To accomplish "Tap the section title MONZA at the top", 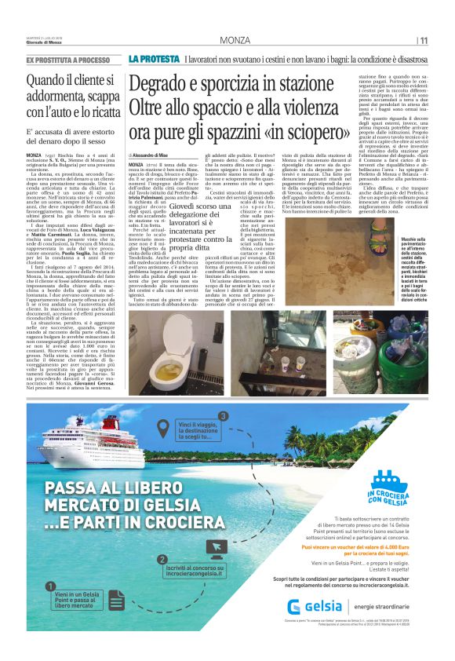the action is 235,40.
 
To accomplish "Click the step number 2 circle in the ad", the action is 163,559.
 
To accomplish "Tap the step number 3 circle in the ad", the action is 223,415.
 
